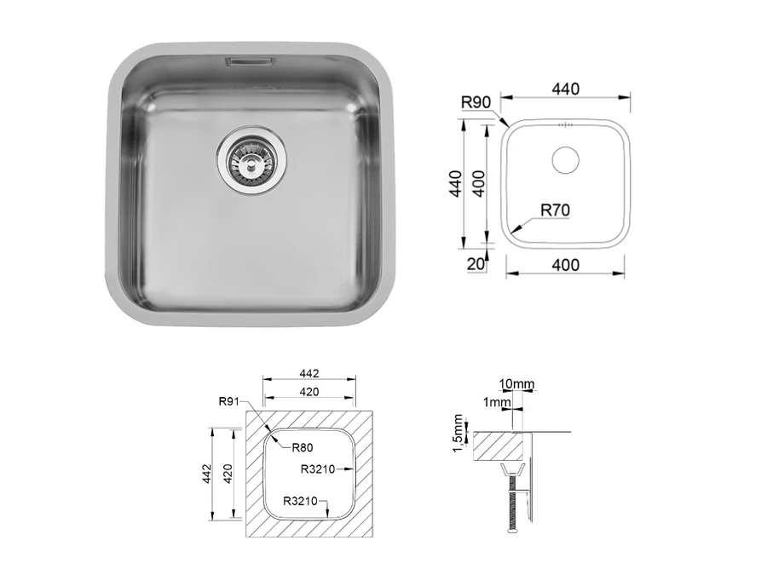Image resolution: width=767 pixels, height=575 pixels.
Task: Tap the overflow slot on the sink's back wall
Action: [x=247, y=61]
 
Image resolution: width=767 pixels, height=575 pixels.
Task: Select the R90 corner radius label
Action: [x=476, y=102]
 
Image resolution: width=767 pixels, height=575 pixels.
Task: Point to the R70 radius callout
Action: [x=555, y=210]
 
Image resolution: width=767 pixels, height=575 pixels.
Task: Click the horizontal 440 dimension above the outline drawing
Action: [x=566, y=89]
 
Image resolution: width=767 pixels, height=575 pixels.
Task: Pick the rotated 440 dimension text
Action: [x=455, y=184]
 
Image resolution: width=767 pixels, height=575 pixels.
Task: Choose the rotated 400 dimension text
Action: [x=479, y=184]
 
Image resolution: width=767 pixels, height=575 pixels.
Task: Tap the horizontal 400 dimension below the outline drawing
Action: [x=566, y=265]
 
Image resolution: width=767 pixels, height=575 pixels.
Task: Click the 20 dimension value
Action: [x=476, y=264]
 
